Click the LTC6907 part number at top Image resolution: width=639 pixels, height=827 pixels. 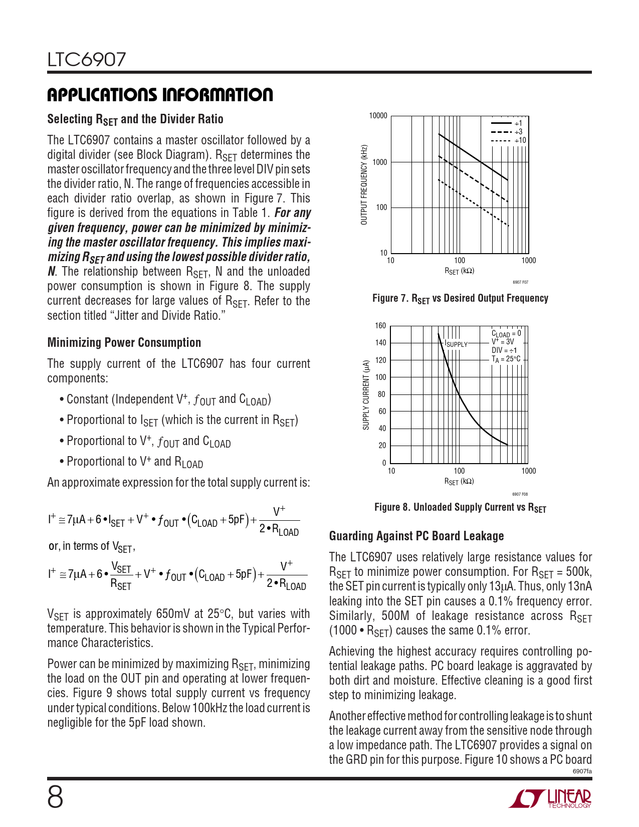87,60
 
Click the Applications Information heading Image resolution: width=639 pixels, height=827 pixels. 160,95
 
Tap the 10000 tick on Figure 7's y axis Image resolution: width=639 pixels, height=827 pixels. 378,116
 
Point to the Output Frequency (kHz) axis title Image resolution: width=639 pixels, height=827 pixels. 364,184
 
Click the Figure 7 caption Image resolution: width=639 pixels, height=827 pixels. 460,298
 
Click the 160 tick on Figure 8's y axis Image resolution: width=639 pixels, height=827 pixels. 380,326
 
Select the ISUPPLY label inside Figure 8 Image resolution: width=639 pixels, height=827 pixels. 456,344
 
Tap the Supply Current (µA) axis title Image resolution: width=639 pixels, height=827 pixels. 366,394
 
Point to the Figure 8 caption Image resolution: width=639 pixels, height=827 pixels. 460,507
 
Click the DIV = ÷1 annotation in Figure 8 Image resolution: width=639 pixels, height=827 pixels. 504,350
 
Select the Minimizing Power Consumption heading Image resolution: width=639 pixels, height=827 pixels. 124,342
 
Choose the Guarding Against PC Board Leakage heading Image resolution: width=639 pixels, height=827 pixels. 416,536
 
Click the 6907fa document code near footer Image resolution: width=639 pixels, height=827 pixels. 582,771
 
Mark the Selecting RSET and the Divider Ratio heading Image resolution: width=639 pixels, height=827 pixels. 135,119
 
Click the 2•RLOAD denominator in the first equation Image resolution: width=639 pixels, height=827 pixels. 279,531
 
